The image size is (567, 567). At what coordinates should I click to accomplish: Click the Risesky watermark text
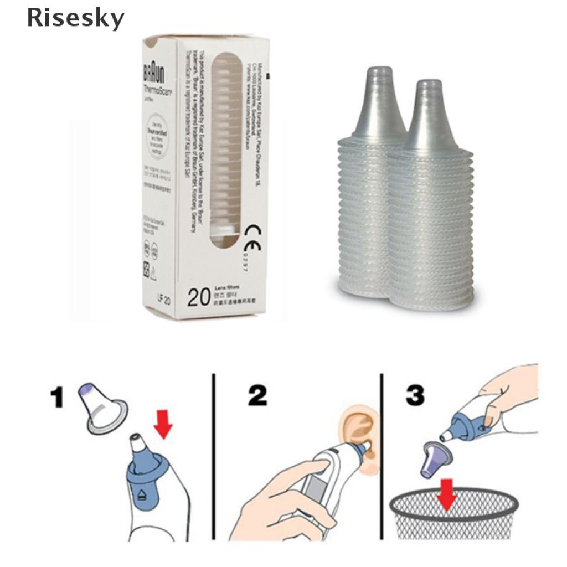76,18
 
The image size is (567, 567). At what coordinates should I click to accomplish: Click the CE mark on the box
252,231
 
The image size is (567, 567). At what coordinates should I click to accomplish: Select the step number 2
257,396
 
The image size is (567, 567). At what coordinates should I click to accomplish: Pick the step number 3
415,396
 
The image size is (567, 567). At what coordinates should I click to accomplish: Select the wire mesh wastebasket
454,515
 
